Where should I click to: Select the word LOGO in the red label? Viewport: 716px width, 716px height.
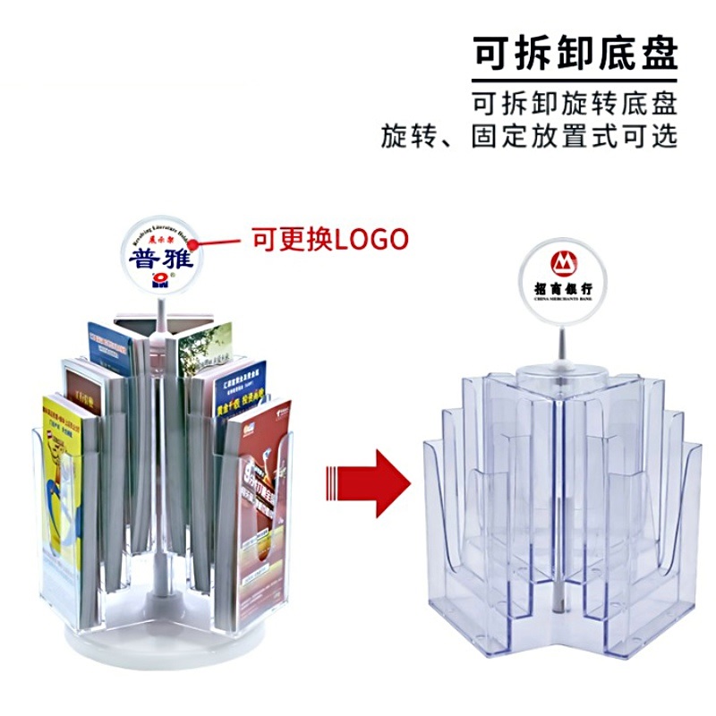pyautogui.click(x=371, y=239)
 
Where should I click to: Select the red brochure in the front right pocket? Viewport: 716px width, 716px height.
pyautogui.click(x=260, y=501)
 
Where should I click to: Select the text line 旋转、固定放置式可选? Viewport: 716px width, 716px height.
pyautogui.click(x=529, y=136)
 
